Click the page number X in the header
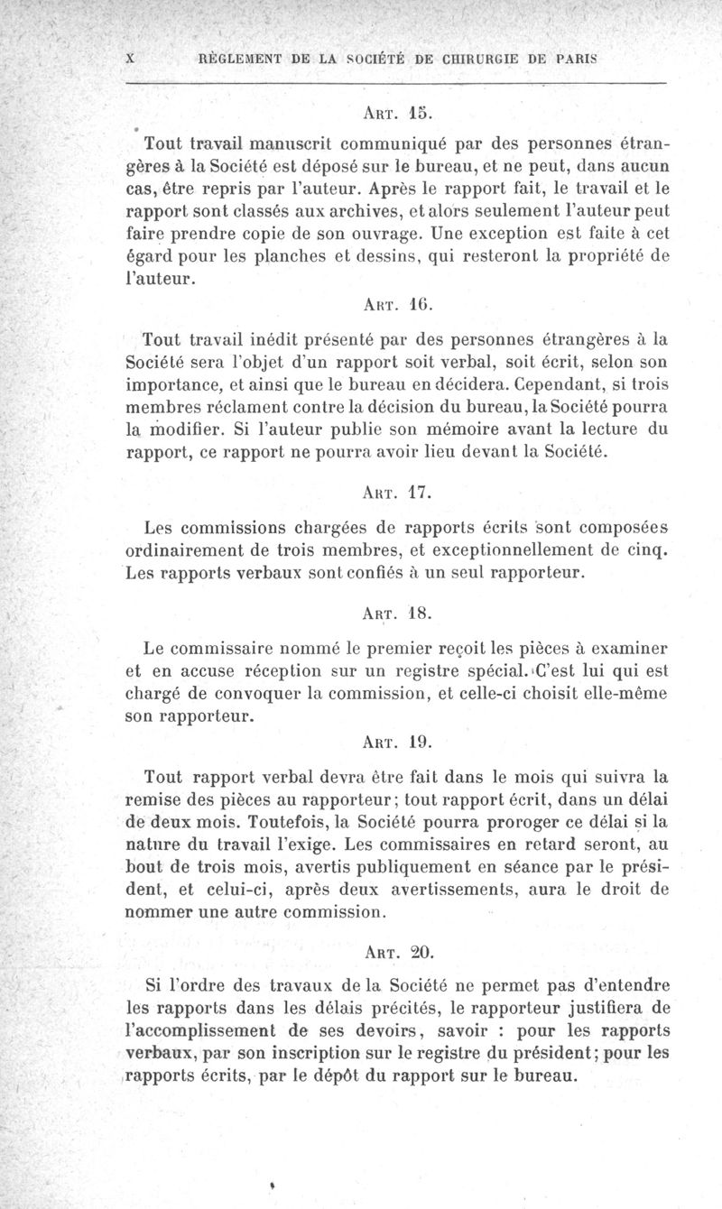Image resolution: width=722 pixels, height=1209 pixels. tap(131, 57)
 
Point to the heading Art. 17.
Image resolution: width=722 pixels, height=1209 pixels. tap(397, 494)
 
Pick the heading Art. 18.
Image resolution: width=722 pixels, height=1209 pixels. tap(397, 614)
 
